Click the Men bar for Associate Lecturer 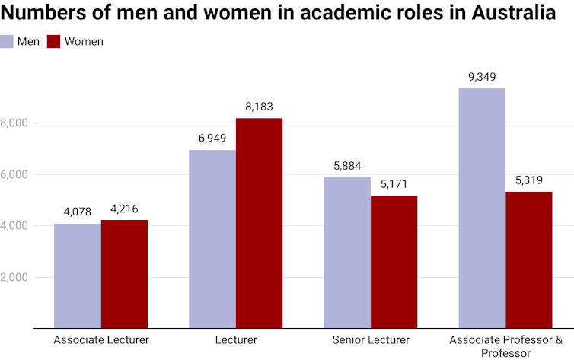tap(77, 276)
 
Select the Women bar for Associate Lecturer tap(124, 274)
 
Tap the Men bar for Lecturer tap(212, 239)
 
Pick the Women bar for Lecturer tap(259, 223)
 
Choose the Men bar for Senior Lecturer tap(346, 253)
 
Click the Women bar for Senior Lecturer tap(394, 262)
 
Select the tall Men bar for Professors tap(482, 208)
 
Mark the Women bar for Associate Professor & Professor tap(528, 260)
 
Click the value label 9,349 tap(482, 77)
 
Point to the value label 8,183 tap(259, 107)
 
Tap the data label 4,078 tap(77, 212)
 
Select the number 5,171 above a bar tap(394, 184)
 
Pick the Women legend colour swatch tap(53, 41)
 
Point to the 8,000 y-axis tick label tap(14, 123)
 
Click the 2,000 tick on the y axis tap(14, 277)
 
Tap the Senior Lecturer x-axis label tap(371, 340)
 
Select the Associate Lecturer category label tap(101, 340)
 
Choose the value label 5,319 tap(528, 180)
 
